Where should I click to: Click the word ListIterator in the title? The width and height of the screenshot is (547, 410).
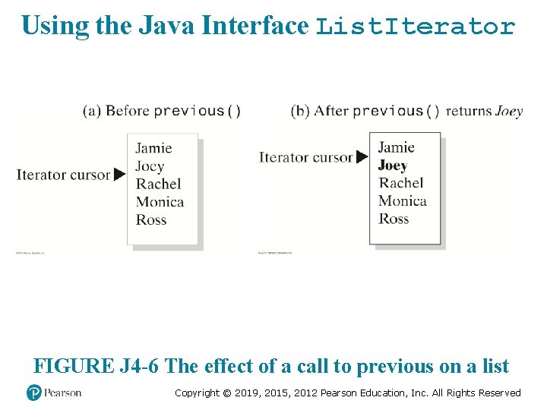pos(416,27)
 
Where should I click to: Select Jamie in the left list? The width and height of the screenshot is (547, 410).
pos(153,148)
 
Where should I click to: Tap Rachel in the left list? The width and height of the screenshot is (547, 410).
pos(158,184)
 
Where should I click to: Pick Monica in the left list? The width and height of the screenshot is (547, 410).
pos(160,202)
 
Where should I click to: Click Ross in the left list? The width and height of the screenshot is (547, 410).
pos(151,220)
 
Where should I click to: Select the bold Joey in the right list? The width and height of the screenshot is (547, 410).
pos(393,165)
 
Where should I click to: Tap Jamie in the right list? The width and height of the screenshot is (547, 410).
pos(396,147)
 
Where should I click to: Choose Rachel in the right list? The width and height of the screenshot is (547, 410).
pos(401,183)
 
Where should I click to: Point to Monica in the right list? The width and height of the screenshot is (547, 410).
pos(402,201)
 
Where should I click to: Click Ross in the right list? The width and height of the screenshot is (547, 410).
pos(394,219)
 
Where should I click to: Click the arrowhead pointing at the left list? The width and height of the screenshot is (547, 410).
pos(119,175)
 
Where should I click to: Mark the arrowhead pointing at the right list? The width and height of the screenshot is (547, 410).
pos(362,158)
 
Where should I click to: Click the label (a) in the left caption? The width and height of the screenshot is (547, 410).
pos(92,111)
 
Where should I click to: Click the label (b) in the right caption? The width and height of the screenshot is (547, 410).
pos(300,111)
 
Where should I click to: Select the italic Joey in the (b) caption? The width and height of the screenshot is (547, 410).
pos(508,111)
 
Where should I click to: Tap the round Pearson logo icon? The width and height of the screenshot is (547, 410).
pos(34,393)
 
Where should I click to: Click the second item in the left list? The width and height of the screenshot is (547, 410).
pos(150,166)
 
